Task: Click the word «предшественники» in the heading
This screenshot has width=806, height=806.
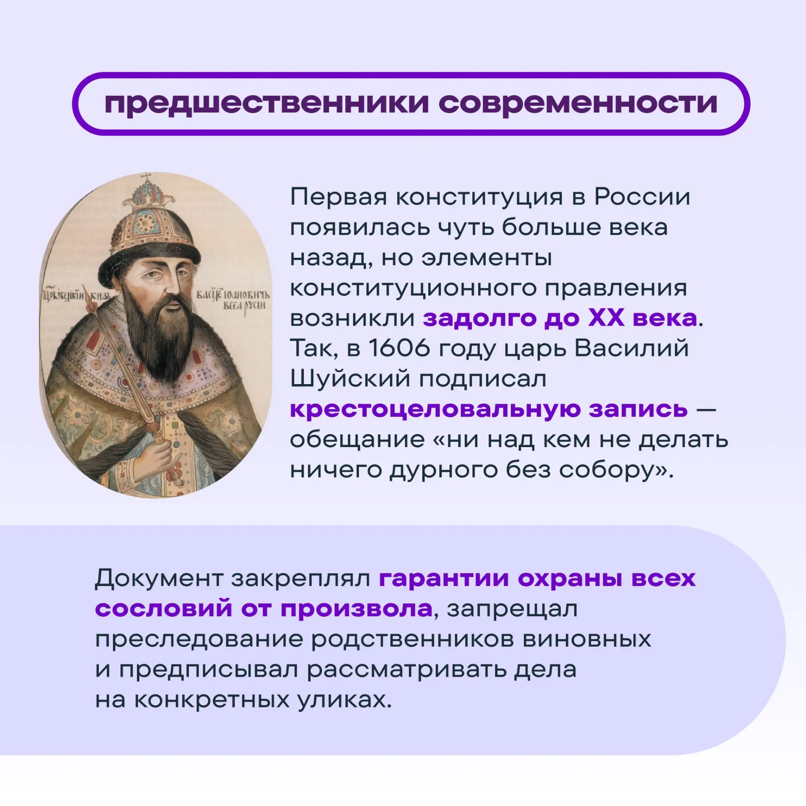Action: coord(266,103)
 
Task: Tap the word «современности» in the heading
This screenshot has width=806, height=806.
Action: coord(578,103)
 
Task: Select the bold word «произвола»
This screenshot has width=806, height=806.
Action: coord(356,609)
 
